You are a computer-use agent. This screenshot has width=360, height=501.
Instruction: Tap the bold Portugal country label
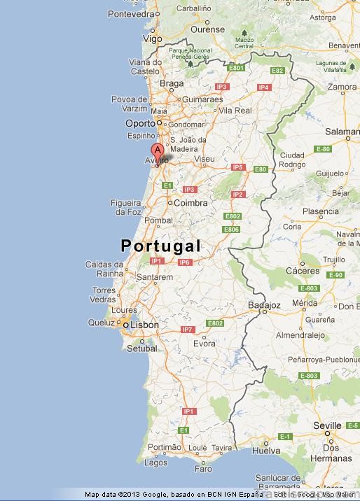[x=160, y=246]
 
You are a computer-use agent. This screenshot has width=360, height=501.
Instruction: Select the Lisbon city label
[x=146, y=325]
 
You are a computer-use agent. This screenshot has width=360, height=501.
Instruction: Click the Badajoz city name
[x=264, y=305]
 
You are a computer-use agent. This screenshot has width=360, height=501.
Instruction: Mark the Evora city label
[x=205, y=344]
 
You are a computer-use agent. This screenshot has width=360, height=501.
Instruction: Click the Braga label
[x=172, y=83]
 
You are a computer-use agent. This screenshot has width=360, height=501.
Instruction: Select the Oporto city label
[x=139, y=123]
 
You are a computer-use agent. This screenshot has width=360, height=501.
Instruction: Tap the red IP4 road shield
[x=263, y=87]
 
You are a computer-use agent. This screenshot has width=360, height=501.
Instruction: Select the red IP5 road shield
[x=237, y=167]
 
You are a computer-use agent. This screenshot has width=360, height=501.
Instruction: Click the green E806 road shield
[x=231, y=230]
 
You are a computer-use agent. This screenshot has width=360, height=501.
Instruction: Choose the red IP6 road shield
[x=184, y=262]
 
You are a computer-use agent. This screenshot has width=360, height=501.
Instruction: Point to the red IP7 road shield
[x=188, y=329]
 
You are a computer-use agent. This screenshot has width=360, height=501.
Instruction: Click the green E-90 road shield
[x=337, y=275]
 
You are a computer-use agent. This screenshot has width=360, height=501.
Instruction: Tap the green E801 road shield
[x=237, y=68]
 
